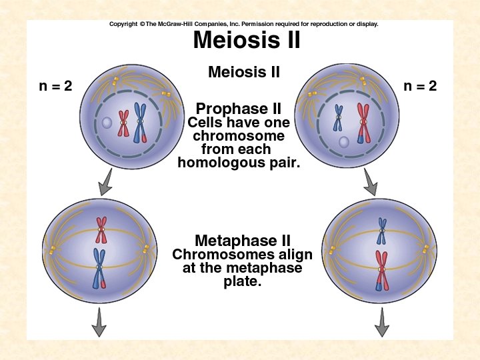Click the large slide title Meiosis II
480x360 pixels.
pos(246,41)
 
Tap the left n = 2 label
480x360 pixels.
pos(55,86)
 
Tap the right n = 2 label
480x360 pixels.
pos(420,86)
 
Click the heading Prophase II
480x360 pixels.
pos(238,109)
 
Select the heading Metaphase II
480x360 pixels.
pos(242,241)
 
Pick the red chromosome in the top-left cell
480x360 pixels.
pos(123,123)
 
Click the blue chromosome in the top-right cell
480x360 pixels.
pos(339,119)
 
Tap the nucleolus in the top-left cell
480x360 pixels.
pos(107,123)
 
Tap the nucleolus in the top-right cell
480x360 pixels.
pos(343,141)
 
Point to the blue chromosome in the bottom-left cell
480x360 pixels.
pos(99,266)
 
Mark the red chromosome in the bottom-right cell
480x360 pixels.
pos(381,269)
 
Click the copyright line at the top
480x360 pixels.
pos(243,24)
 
